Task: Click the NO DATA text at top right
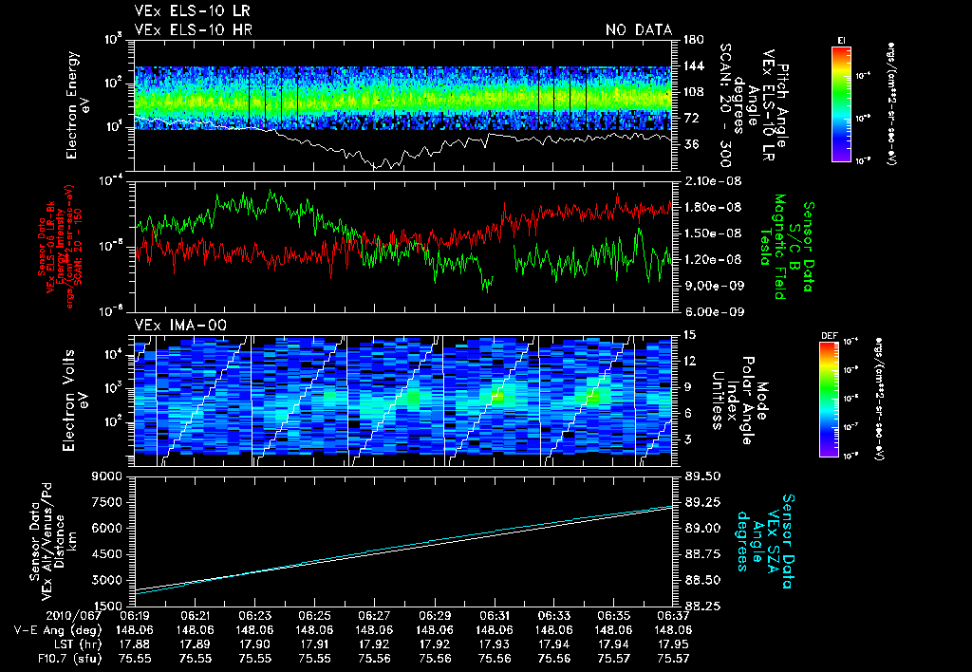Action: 638,29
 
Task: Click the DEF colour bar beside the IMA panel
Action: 829,399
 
